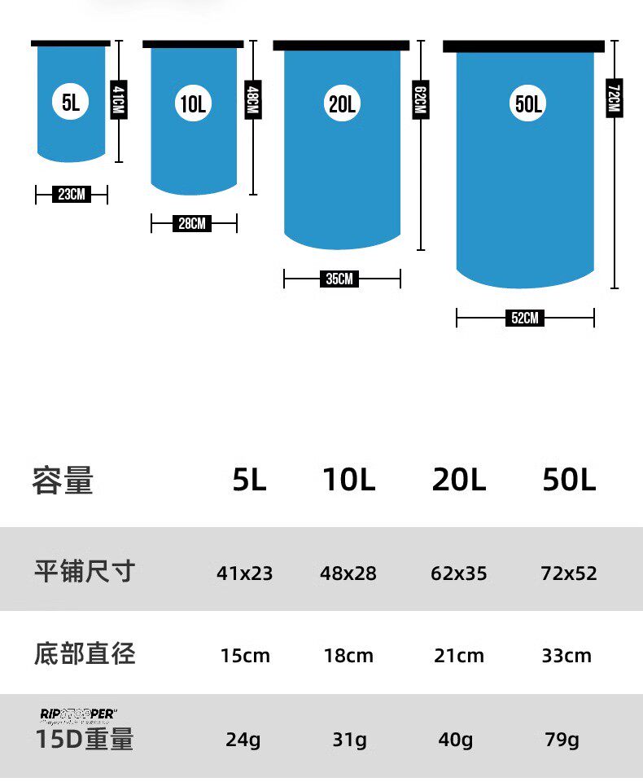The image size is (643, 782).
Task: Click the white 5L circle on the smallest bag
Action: pos(70,102)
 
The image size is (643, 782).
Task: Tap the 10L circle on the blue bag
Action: pos(193,103)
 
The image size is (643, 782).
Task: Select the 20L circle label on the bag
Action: pos(342,103)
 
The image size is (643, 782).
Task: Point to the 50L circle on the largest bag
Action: pos(528,103)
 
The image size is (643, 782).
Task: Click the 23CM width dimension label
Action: pos(71,194)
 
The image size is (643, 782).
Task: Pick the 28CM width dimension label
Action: pos(192,223)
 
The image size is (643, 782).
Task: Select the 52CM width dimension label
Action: pos(525,319)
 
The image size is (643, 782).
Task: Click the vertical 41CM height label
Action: pos(119,101)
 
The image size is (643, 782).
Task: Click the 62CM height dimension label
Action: pos(420,101)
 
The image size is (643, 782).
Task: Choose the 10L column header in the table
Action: pos(348,481)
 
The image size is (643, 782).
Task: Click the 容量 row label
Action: pos(63,481)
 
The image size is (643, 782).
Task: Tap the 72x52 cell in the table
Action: pos(568,573)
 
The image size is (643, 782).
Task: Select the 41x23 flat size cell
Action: pos(244,573)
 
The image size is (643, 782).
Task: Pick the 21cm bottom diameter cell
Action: pos(458,656)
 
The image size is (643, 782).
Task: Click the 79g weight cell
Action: pos(562,740)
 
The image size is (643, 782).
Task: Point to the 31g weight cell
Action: pos(349,740)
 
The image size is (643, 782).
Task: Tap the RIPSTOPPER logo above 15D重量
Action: pos(78,715)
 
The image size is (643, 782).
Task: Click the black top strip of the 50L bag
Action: pos(523,46)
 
